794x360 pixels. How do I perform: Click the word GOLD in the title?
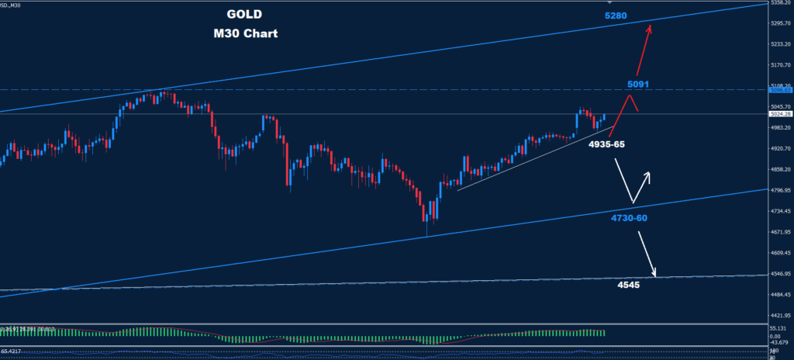pyautogui.click(x=245, y=15)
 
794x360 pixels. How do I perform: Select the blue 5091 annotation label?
pyautogui.click(x=640, y=84)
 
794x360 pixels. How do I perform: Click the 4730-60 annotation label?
pyautogui.click(x=629, y=218)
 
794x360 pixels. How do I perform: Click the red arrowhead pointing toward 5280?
pyautogui.click(x=649, y=28)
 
